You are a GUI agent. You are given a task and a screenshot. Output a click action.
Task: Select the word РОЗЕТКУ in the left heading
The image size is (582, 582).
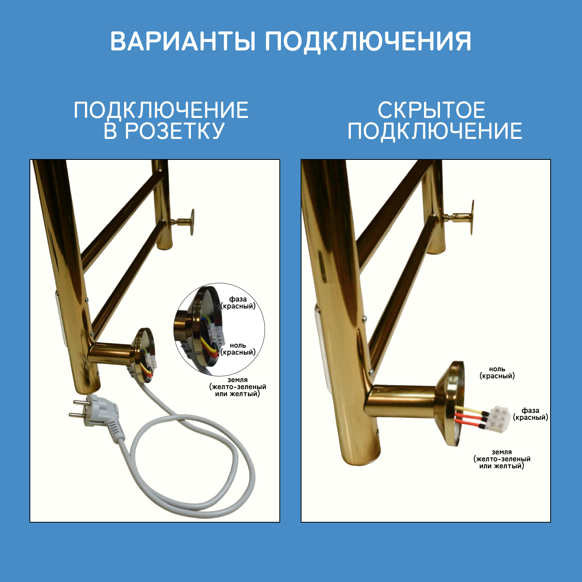175,131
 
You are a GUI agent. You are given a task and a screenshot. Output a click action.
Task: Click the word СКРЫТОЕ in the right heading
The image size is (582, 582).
431,110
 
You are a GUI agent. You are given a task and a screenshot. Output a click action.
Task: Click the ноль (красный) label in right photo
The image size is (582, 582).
497,372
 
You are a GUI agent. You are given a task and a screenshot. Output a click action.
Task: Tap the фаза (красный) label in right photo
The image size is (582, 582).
530,414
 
